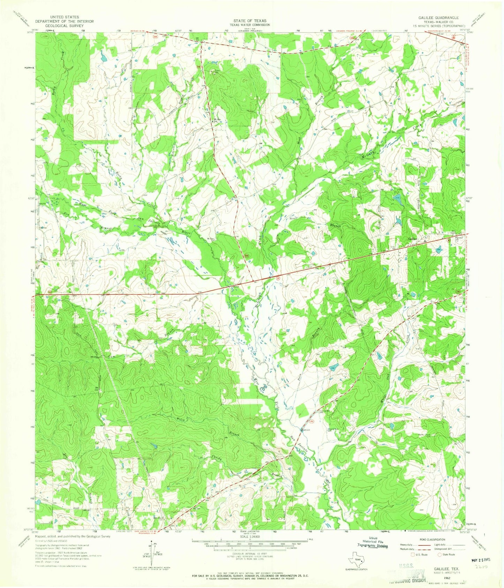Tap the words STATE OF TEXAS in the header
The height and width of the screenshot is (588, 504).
252,21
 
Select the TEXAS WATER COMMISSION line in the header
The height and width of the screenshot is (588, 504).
252,25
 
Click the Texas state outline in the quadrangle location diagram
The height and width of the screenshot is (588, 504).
357,561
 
